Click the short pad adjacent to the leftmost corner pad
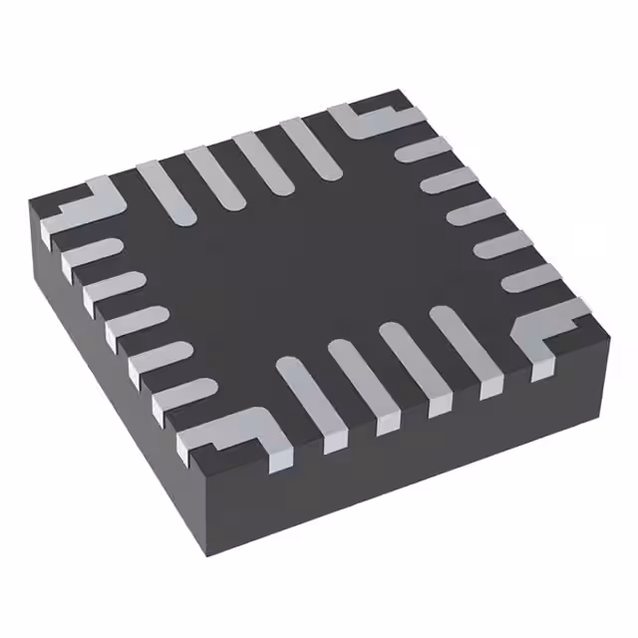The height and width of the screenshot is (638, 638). (90, 252)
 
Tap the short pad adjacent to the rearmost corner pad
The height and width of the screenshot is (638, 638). (423, 150)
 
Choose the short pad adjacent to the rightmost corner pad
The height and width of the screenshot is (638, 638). (528, 277)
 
